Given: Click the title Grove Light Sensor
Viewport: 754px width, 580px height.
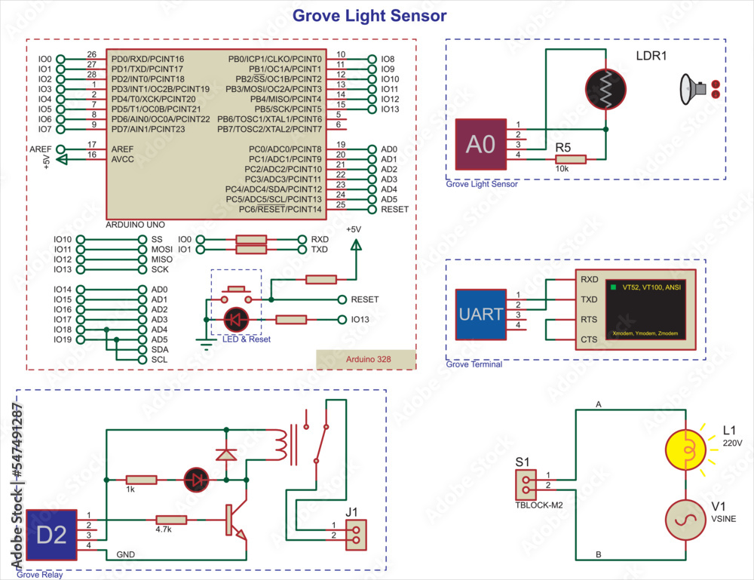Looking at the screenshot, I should coord(369,16).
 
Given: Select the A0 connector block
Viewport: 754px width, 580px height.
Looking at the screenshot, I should coord(480,143).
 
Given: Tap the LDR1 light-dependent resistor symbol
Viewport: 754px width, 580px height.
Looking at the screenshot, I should coord(606,90).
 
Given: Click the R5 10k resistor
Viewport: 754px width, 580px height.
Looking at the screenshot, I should coord(570,159).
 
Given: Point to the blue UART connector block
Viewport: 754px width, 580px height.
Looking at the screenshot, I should coord(480,314).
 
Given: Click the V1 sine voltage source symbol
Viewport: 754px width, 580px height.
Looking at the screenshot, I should coord(685,520).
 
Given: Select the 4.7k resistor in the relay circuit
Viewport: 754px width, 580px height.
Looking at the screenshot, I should coord(171,520).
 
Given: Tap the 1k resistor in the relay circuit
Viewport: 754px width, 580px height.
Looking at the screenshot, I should coord(141,480).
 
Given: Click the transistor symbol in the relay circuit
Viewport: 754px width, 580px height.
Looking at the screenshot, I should coord(235,520).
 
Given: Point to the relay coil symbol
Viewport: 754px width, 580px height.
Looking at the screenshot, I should coord(280,445).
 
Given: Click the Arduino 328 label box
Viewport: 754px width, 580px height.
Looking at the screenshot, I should coord(366,360).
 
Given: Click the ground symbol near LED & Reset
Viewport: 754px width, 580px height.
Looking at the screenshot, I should coord(204,343).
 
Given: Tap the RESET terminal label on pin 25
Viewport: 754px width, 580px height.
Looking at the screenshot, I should coord(394,209).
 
